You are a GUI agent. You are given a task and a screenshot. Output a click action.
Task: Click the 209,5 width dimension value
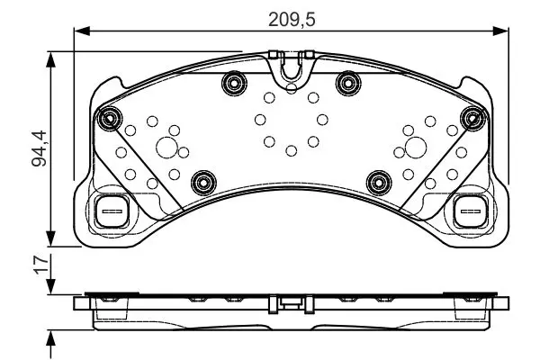click(x=292, y=20)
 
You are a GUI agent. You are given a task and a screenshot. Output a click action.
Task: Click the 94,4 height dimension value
click(x=39, y=148)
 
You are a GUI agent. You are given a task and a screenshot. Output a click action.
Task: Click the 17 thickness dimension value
click(x=41, y=265)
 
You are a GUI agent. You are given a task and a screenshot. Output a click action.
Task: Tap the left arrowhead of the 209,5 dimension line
click(x=82, y=31)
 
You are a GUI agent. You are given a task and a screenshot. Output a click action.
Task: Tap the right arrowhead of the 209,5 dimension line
click(x=500, y=31)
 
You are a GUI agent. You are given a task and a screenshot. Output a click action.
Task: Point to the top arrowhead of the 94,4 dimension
click(x=51, y=60)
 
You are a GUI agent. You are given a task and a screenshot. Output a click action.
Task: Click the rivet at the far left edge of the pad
click(x=110, y=118)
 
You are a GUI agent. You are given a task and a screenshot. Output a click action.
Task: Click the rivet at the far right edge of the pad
click(x=473, y=118)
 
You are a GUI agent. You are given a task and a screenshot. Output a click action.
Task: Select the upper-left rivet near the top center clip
click(x=234, y=83)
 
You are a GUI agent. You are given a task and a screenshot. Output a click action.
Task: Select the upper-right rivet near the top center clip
click(x=348, y=83)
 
